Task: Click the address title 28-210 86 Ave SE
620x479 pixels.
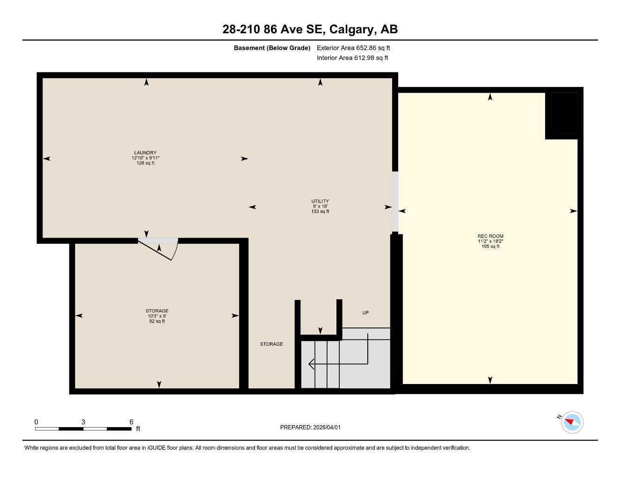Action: pyautogui.click(x=310, y=29)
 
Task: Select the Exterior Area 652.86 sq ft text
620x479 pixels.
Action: pyautogui.click(x=353, y=48)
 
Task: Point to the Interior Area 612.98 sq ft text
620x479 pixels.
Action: pyautogui.click(x=352, y=58)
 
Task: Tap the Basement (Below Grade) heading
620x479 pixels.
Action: pyautogui.click(x=272, y=48)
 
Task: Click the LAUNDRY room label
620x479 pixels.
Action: pyautogui.click(x=145, y=153)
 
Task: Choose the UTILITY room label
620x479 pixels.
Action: pyautogui.click(x=320, y=202)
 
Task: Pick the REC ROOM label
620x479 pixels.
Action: pyautogui.click(x=490, y=236)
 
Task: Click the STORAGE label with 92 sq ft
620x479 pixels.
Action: pyautogui.click(x=157, y=311)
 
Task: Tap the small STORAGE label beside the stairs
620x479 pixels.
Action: pyautogui.click(x=271, y=344)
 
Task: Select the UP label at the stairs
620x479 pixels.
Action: pyautogui.click(x=365, y=312)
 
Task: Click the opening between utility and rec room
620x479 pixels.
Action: pyautogui.click(x=395, y=201)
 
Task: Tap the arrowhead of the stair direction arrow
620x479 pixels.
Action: pyautogui.click(x=311, y=363)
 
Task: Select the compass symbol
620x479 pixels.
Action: pyautogui.click(x=572, y=422)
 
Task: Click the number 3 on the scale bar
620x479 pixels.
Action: pyautogui.click(x=83, y=422)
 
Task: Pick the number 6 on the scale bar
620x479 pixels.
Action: pyautogui.click(x=131, y=422)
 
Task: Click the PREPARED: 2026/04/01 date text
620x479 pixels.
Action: pyautogui.click(x=310, y=428)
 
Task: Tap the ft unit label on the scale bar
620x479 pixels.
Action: pyautogui.click(x=138, y=429)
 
